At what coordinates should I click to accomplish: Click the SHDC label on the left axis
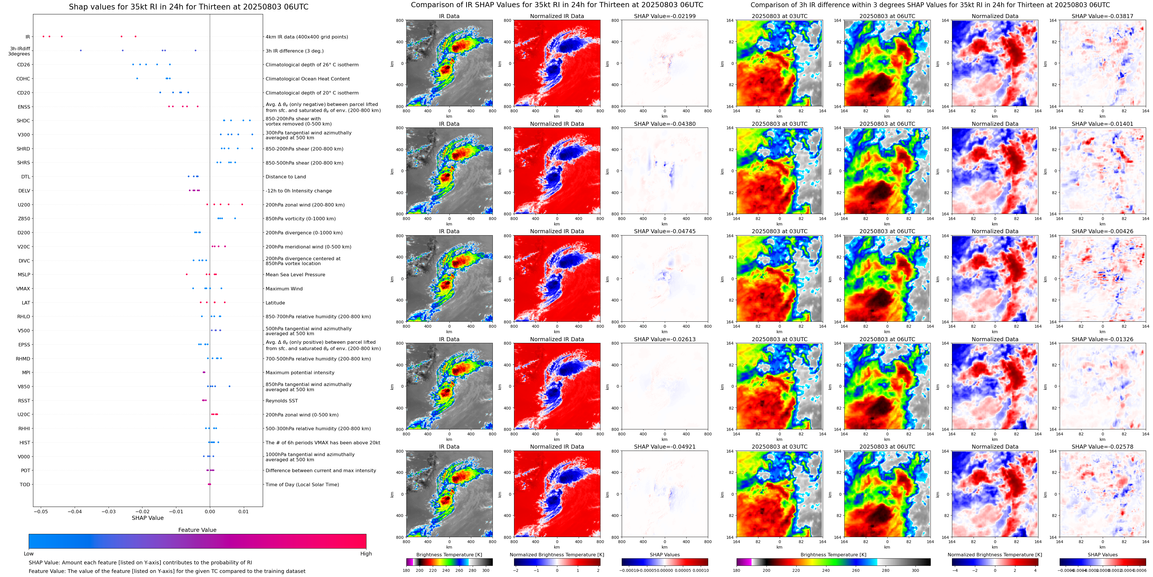[23, 121]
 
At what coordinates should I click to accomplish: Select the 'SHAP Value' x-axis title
[147, 518]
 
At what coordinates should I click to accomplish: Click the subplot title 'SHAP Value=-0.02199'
[664, 16]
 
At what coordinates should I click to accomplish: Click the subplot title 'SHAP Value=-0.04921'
[664, 447]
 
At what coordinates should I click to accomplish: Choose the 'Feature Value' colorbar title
[197, 530]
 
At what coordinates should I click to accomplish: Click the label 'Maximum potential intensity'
[300, 373]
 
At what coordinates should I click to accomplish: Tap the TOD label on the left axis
[25, 485]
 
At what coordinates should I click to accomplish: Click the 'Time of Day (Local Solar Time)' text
[302, 485]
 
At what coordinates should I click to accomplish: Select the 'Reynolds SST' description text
[281, 401]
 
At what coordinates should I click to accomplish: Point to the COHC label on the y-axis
[23, 79]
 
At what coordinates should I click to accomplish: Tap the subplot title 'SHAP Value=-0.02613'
[664, 339]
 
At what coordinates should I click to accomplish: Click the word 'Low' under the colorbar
[29, 554]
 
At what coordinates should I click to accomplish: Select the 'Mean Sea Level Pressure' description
[296, 275]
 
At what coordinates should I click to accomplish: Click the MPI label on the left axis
[26, 373]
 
